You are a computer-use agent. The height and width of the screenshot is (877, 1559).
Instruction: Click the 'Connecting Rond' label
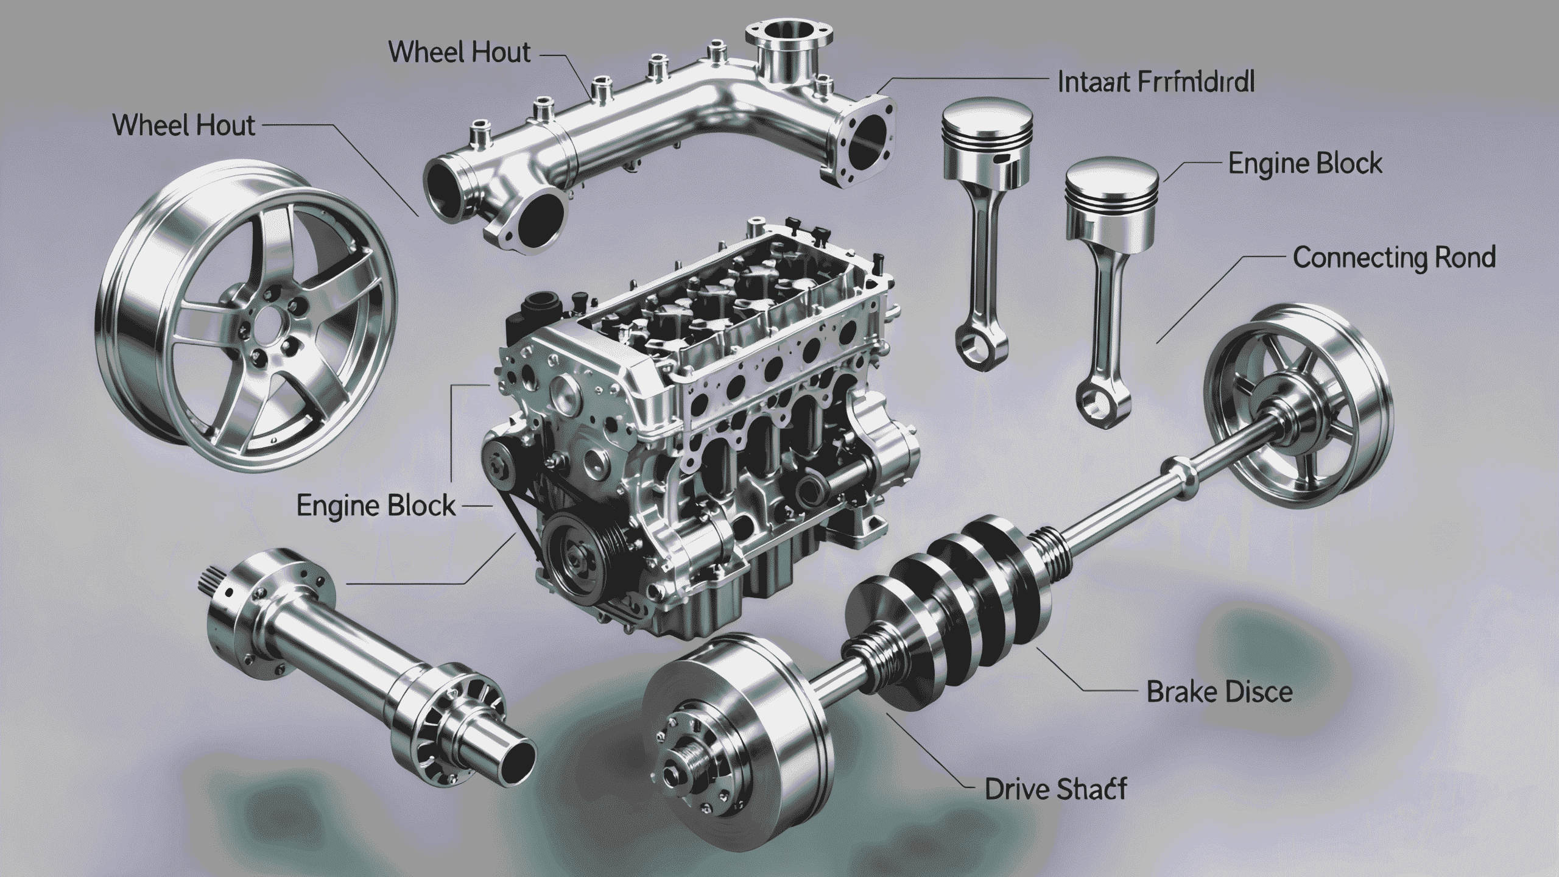[1393, 258]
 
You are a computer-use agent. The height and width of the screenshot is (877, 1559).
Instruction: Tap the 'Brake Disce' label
[1219, 692]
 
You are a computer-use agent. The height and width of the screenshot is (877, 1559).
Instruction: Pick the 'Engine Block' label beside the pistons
[1304, 164]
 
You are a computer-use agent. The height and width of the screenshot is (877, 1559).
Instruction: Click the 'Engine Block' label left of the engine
[376, 506]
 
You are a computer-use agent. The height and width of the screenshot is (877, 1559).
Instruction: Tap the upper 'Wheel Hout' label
[459, 53]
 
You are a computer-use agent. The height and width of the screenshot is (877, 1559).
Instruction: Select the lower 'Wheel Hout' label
[184, 126]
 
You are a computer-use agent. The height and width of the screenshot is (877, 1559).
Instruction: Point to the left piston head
[988, 119]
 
